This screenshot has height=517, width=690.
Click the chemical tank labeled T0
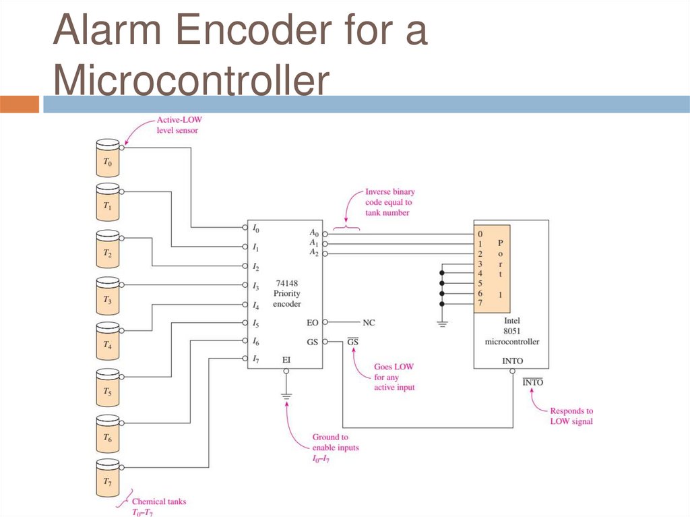coord(108,158)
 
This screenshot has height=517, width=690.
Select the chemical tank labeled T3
coord(108,295)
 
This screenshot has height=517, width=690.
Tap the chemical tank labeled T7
coord(108,478)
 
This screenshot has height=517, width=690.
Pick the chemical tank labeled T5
coord(108,388)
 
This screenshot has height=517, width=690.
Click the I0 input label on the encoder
coord(255,228)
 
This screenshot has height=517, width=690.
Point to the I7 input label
coord(255,359)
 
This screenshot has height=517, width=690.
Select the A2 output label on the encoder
coord(314,252)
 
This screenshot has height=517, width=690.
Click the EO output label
coord(313,323)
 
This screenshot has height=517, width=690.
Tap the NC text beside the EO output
coord(369,323)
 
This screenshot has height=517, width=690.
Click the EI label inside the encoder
coord(286,360)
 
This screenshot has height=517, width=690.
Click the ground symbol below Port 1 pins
coord(442,324)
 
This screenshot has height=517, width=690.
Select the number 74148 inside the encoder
coord(287,283)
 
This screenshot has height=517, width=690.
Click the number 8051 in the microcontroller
coord(512,331)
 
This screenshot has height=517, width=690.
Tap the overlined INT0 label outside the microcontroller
coord(533,382)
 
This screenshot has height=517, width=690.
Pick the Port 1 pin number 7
coord(480,303)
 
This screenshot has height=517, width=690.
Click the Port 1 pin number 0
coord(480,234)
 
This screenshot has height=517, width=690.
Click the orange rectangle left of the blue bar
coord(20,104)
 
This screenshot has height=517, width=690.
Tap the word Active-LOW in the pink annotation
coord(179,119)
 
